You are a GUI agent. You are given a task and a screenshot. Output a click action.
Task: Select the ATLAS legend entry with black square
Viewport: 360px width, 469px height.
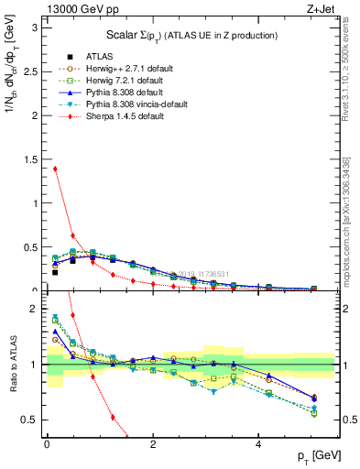click(x=88, y=55)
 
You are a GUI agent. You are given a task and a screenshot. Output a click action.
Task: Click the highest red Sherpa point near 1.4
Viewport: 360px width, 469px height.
click(x=55, y=169)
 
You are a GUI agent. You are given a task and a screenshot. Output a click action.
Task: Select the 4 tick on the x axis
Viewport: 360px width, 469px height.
click(x=260, y=442)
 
